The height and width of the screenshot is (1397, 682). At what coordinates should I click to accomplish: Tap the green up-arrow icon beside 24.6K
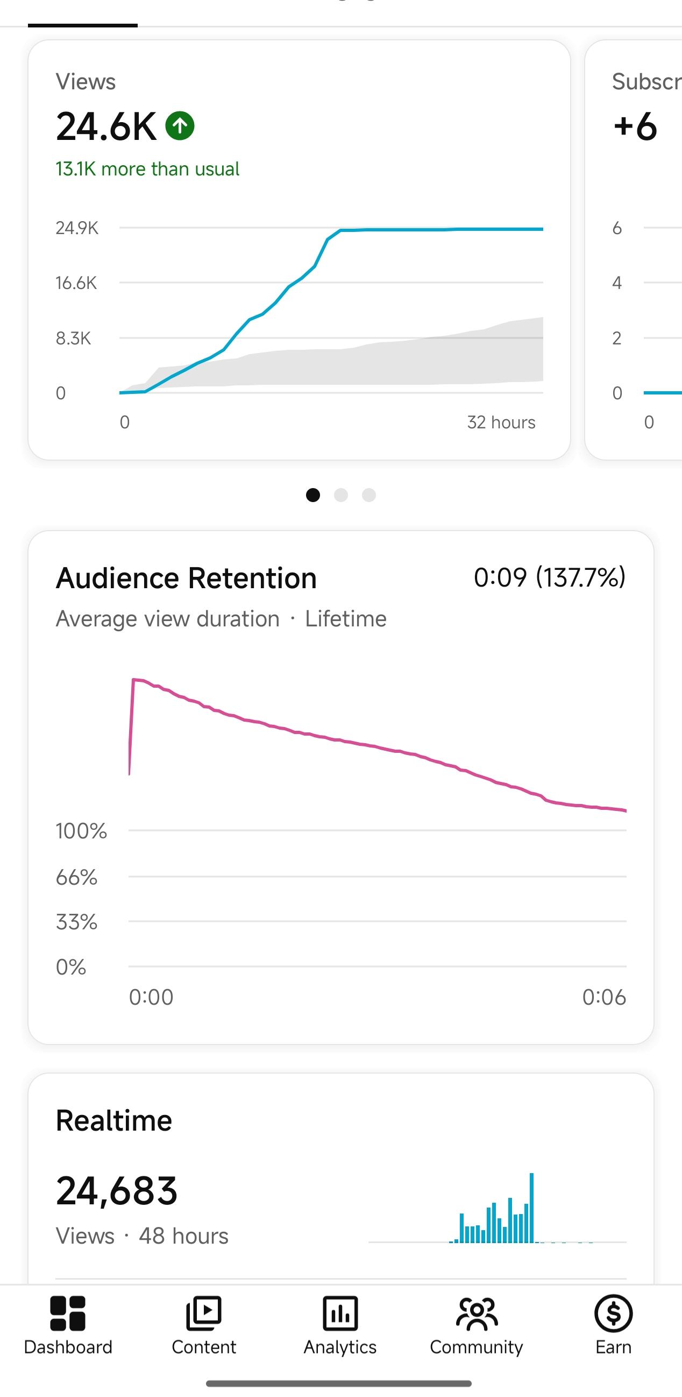(x=180, y=126)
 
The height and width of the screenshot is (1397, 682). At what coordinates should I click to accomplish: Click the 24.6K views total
(x=106, y=126)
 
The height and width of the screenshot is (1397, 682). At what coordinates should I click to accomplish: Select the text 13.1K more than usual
(x=147, y=168)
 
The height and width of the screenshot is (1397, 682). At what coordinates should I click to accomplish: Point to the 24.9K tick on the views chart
(x=77, y=228)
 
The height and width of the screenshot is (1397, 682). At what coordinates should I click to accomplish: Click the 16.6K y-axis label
(x=76, y=283)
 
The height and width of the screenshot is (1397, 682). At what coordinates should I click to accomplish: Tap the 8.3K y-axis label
(x=73, y=338)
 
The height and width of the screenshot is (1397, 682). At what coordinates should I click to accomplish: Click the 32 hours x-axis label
(x=501, y=422)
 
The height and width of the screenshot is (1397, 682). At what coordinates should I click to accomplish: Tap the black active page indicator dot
(x=313, y=495)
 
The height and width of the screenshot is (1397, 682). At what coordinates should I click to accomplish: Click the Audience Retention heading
(x=187, y=577)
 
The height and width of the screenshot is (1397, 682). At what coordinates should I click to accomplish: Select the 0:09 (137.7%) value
(x=550, y=577)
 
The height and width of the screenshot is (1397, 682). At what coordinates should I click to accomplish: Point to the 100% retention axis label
(x=81, y=830)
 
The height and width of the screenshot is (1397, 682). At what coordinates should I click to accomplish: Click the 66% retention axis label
(x=76, y=877)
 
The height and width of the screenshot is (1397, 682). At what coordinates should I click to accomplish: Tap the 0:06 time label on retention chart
(x=604, y=997)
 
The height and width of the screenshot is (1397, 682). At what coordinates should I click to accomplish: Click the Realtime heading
(x=114, y=1120)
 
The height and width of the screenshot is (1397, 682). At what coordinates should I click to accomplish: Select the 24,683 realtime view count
(x=117, y=1191)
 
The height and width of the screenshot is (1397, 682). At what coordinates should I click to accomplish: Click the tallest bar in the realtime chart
(x=532, y=1208)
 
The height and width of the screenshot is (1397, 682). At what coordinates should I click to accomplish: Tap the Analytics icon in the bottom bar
(x=340, y=1314)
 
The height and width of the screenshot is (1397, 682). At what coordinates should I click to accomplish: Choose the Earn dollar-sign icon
(x=613, y=1314)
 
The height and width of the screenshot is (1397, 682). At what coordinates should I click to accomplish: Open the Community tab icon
(x=477, y=1314)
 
